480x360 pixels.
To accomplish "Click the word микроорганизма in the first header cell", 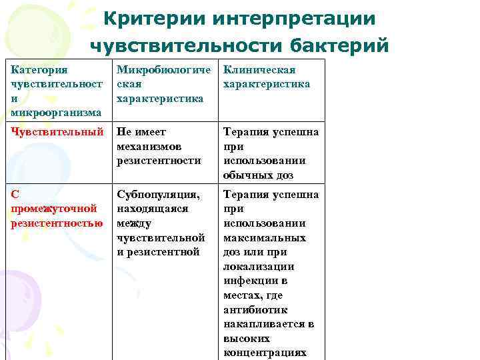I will click(x=56, y=113).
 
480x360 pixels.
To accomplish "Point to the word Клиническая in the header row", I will click(x=259, y=70).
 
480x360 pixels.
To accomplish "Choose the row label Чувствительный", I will click(x=57, y=132).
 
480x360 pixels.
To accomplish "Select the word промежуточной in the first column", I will click(x=55, y=209).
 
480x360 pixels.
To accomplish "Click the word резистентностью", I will click(x=57, y=223).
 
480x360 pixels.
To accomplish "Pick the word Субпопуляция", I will click(x=158, y=195).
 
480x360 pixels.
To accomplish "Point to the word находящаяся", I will click(x=153, y=209).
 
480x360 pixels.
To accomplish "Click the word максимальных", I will click(x=265, y=238).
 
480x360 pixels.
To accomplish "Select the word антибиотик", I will click(x=255, y=310).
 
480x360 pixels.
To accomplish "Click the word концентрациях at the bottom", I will click(x=265, y=353).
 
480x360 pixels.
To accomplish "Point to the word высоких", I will click(x=246, y=339).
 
